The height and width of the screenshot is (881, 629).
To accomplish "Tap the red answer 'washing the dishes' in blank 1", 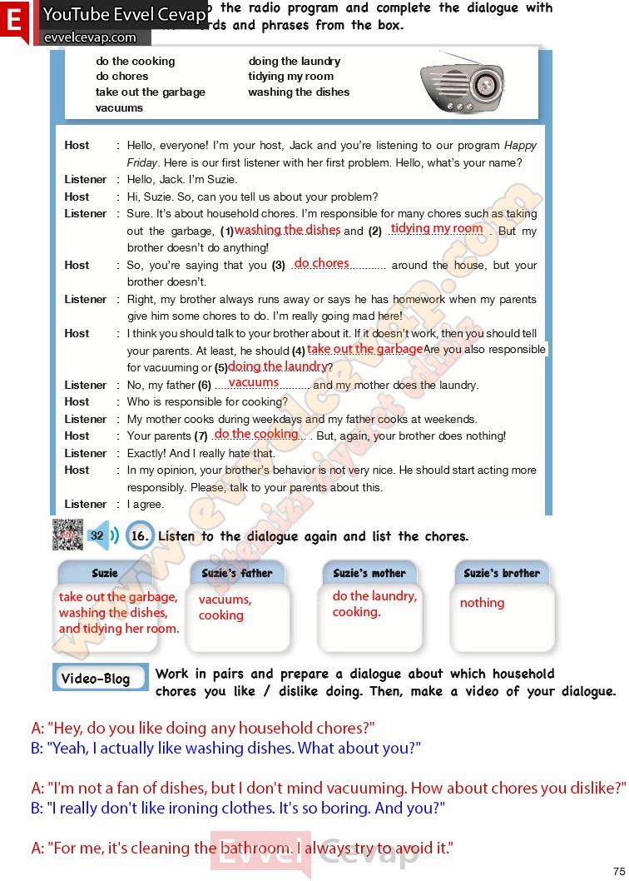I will click(287, 230).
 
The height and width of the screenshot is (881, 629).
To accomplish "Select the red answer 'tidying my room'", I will click(436, 228).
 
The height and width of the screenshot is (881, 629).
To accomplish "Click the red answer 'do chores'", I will click(322, 263).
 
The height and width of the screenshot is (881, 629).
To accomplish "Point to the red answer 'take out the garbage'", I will click(364, 349).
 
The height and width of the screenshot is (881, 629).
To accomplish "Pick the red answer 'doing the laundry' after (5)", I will click(277, 366).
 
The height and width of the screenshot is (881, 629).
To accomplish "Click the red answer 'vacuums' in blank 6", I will click(254, 383).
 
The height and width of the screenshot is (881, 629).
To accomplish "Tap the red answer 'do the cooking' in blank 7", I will click(256, 434).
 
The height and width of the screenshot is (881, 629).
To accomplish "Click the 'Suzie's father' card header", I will click(237, 573).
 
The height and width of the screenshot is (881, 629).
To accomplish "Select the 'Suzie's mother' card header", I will click(369, 573).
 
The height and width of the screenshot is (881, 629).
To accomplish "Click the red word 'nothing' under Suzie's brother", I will click(483, 603).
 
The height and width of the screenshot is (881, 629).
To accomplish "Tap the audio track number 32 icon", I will click(97, 536).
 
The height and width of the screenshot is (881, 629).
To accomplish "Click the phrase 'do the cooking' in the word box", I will click(136, 61).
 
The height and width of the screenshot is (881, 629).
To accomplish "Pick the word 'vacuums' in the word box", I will click(119, 107).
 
